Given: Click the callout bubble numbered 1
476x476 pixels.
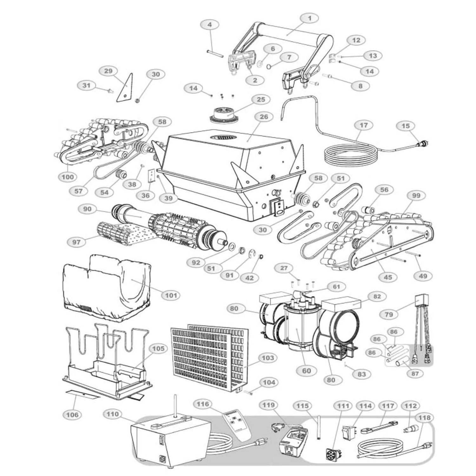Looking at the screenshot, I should coord(310,18).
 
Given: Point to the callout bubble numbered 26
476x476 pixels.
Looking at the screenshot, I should coord(263,117).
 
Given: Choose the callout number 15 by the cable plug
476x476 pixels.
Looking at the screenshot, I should coord(406,126).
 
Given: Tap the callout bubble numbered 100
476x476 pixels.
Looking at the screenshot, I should coord(68,177).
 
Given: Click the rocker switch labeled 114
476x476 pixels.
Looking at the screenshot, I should coord(347,432).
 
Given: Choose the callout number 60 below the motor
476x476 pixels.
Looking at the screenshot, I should coord(307,370).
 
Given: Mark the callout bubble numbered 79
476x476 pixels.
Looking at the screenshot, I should coord(389,314).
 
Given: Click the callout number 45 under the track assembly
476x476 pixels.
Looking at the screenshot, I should coord(388,277).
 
